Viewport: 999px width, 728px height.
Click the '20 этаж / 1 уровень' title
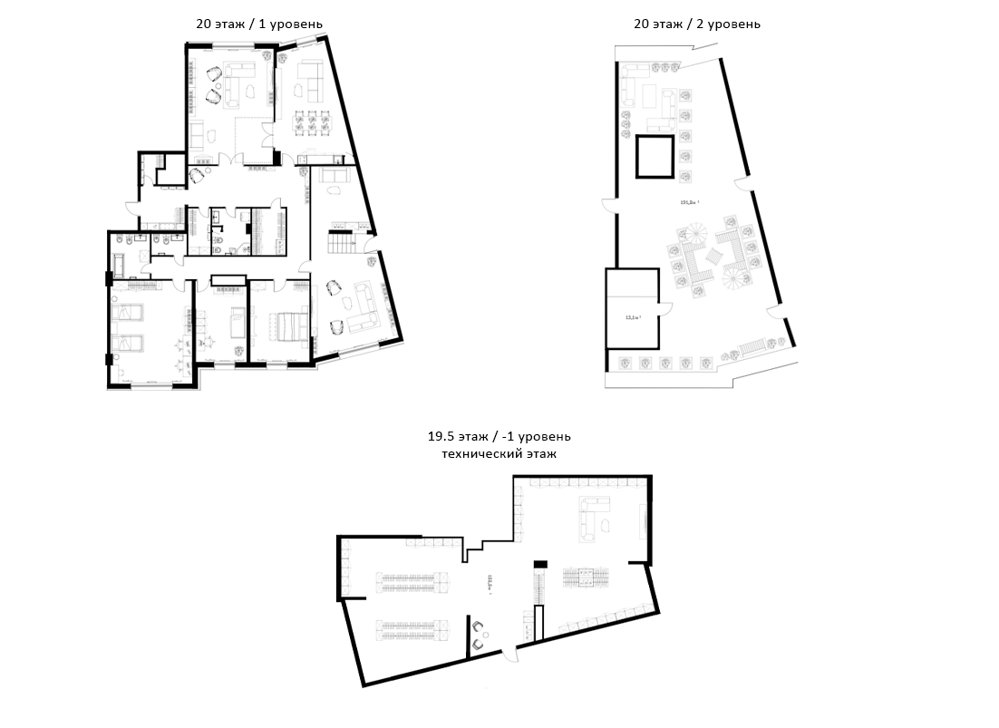259,24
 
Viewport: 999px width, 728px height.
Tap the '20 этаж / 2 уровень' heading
696,24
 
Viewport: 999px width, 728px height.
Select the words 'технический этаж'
499,452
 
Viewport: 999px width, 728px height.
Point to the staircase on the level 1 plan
342,244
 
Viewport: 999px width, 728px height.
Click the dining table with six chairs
312,122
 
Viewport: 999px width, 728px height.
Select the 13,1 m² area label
633,318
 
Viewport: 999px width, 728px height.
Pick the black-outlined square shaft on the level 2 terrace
655,155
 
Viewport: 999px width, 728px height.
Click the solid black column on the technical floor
541,565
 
